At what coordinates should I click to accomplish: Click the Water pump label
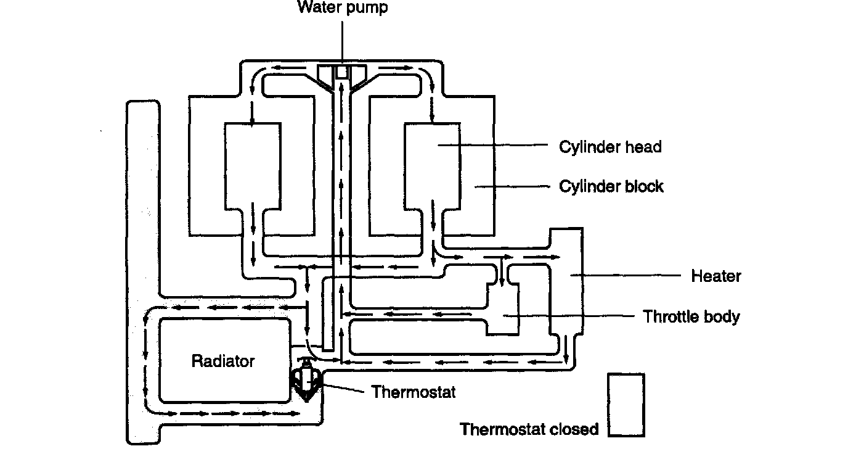pos(343,8)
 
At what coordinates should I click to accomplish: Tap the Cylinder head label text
pos(609,147)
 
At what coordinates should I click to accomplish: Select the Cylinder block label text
pos(611,186)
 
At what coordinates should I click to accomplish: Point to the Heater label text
pos(715,276)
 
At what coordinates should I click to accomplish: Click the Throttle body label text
pos(691,316)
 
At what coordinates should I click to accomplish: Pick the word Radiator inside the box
pos(223,361)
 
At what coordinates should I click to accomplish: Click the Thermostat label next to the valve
pos(414,392)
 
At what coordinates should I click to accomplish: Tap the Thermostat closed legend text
pos(529,429)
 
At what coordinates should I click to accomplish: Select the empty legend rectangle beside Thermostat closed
pos(626,405)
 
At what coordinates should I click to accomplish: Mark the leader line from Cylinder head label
pos(493,146)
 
